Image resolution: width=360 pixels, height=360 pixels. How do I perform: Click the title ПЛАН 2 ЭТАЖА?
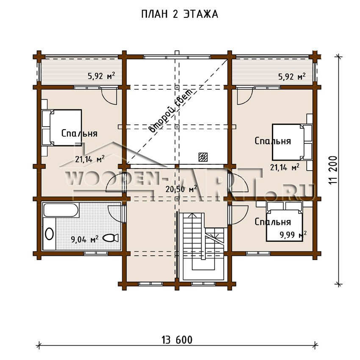tap(179, 14)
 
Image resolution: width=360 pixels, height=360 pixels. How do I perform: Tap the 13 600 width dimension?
tap(177, 340)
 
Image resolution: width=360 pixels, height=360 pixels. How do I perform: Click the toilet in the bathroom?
tap(111, 238)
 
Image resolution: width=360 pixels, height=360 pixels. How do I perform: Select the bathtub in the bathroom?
tap(61, 210)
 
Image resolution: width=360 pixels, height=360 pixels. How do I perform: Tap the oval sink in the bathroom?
tap(50, 234)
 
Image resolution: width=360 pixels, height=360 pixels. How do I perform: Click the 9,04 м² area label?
tap(85, 239)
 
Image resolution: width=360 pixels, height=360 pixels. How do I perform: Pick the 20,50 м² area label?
tap(181, 189)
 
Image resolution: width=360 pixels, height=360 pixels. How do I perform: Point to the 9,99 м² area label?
tap(293, 235)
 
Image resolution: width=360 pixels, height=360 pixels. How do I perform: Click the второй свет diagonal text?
tap(171, 111)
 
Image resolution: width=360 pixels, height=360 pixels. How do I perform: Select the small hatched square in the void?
tap(203, 157)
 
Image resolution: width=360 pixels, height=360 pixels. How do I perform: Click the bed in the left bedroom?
tap(61, 127)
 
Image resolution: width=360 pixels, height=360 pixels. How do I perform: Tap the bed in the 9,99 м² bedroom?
tap(284, 222)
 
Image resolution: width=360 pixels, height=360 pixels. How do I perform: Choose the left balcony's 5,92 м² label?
tap(101, 76)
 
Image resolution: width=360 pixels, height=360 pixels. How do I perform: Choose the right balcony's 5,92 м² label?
tap(292, 76)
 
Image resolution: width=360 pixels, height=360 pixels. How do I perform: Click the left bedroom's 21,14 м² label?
tap(90, 159)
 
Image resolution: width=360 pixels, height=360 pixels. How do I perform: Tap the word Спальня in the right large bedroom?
tap(273, 141)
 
